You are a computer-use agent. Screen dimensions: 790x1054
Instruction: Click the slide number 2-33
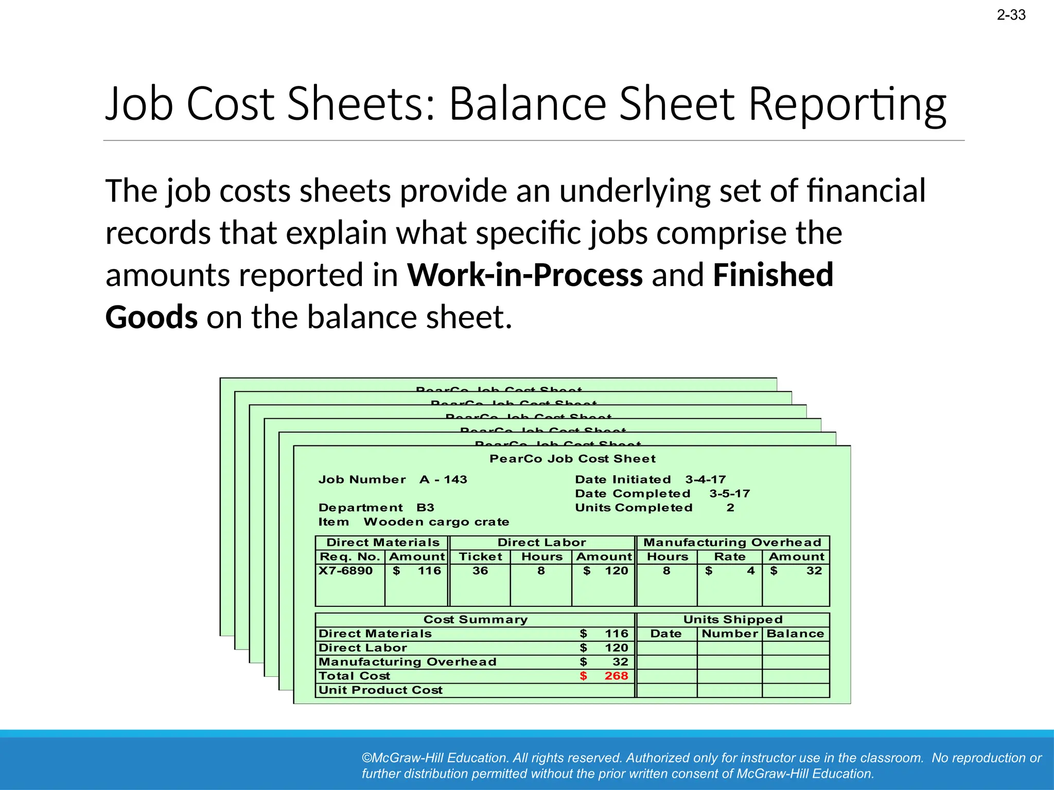(1011, 15)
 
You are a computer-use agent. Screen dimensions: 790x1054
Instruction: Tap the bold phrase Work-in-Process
(525, 275)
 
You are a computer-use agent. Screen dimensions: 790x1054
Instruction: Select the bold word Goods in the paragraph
(151, 317)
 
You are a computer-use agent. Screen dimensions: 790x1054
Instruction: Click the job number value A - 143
(443, 479)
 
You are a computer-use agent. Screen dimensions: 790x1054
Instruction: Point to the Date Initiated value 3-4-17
(705, 479)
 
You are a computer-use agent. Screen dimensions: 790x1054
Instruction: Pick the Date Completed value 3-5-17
(729, 494)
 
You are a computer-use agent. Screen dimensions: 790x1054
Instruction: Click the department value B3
(425, 508)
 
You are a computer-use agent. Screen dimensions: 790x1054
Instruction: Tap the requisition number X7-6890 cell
(345, 570)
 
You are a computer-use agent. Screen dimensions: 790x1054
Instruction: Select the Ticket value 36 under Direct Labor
(480, 570)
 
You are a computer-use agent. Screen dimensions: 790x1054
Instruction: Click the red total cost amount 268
(616, 676)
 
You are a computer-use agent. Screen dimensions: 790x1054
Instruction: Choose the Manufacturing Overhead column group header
(732, 543)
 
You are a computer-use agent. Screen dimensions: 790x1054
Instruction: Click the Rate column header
(729, 556)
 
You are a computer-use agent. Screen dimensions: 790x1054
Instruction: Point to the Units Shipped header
(733, 620)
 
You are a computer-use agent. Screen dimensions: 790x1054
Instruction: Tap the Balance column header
(795, 634)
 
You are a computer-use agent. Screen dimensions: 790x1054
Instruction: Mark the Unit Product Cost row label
(380, 690)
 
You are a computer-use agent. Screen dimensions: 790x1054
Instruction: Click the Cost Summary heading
(476, 620)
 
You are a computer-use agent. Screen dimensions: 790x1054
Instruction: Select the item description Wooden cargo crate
(436, 522)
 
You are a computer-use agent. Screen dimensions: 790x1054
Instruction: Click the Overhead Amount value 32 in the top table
(814, 570)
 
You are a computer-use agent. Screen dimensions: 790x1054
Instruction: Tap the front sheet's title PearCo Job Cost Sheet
(572, 459)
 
